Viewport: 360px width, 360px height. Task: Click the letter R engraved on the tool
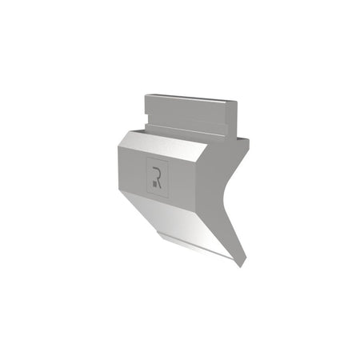pyautogui.click(x=158, y=178)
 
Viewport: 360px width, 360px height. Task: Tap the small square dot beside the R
pyautogui.click(x=154, y=184)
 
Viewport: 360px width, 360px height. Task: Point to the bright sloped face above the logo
pyautogui.click(x=162, y=146)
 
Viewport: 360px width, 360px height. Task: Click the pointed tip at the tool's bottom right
pyautogui.click(x=242, y=267)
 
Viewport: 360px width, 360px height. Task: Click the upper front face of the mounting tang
pyautogui.click(x=186, y=114)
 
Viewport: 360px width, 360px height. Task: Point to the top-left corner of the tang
pyautogui.click(x=145, y=95)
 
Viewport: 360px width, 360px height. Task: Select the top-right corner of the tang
pyautogui.click(x=236, y=102)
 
